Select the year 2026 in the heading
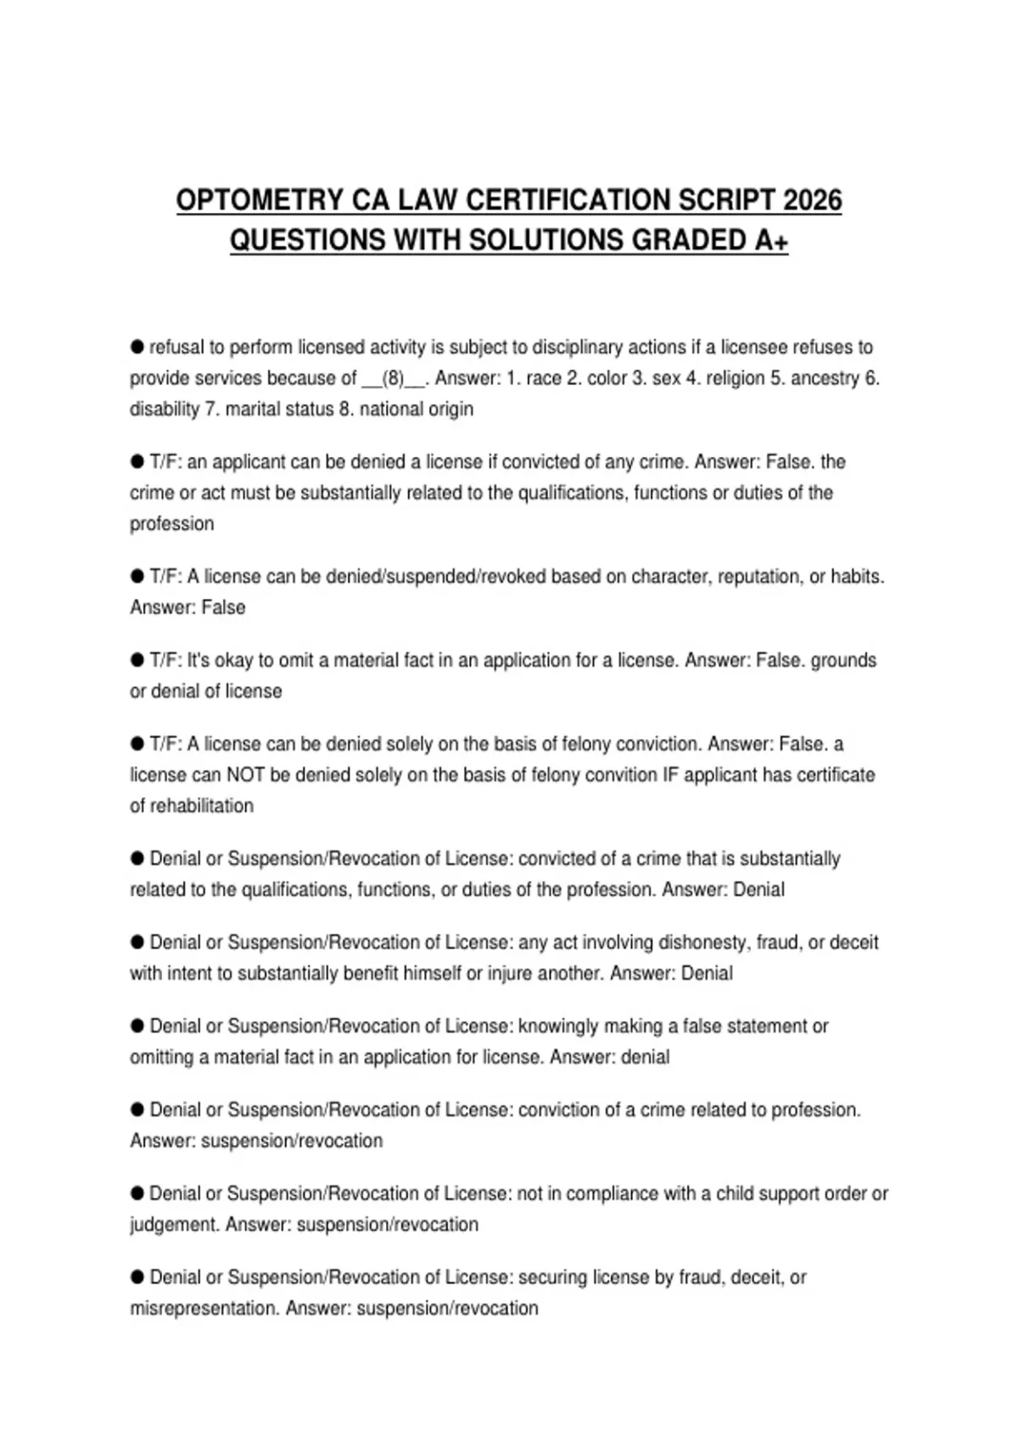pos(813,200)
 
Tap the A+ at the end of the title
pos(771,241)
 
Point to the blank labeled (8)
pos(394,378)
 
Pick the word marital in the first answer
pos(252,409)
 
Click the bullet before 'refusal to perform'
pos(137,347)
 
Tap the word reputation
pos(758,577)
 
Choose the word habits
pos(855,577)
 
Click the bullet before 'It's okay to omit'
pos(137,660)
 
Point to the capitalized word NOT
pos(247,775)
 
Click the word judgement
pos(174,1225)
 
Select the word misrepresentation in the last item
pos(204,1309)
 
